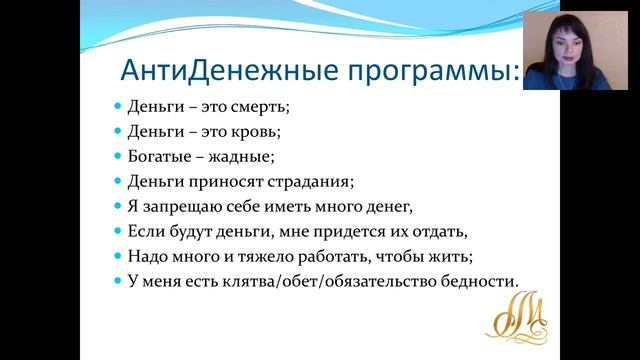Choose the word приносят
point(229,181)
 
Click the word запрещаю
point(183,206)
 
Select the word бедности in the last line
point(479,281)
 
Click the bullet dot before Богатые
point(116,156)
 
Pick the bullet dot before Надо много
point(116,256)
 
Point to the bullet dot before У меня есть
point(116,281)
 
